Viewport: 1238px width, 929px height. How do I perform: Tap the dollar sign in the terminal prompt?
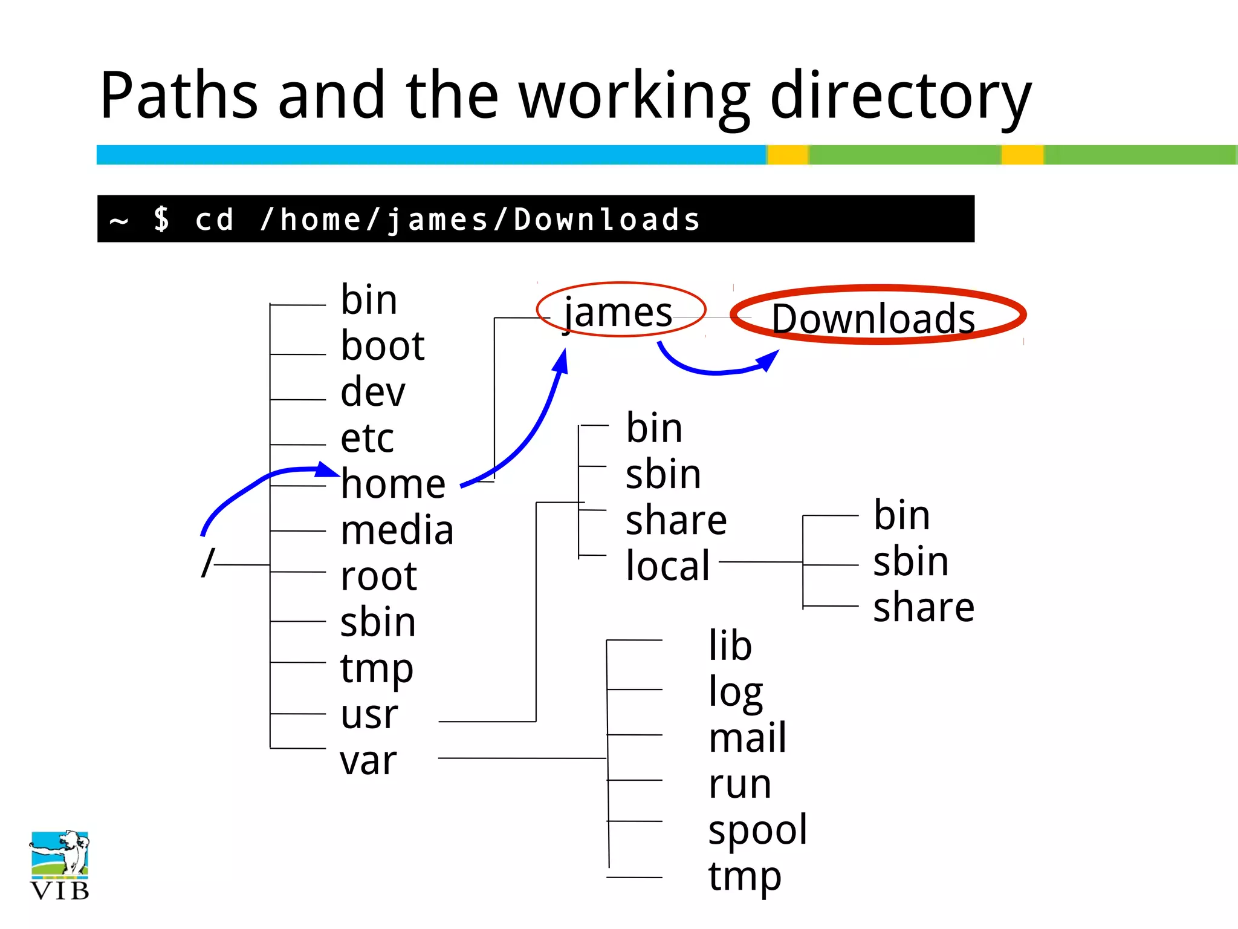coord(161,219)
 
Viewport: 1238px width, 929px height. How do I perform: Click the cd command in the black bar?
coord(215,220)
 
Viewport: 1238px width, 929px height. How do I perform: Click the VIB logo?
coord(60,865)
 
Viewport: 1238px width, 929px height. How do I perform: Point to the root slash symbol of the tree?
coord(208,563)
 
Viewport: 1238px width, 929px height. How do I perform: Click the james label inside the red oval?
coord(618,313)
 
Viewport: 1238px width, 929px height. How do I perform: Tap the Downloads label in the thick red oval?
coord(873,318)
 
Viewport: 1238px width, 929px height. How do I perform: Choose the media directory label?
coord(397,530)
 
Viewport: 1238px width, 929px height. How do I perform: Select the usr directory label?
coord(369,714)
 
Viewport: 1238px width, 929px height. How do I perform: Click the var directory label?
coord(368,760)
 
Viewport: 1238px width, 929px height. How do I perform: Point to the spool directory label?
coord(757,830)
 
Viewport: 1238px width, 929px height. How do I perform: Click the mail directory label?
coord(748,738)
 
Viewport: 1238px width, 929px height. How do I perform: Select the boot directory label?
coord(383,346)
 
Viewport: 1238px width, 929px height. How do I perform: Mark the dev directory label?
coord(372,392)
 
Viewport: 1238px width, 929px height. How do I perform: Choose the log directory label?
coord(736,693)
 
